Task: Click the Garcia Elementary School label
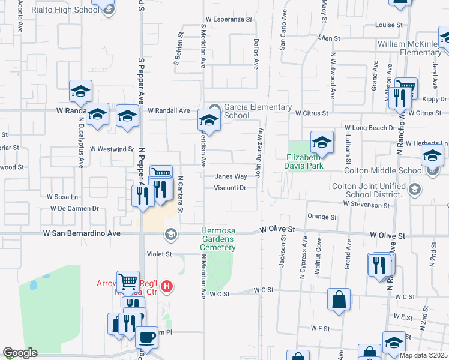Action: coord(244,111)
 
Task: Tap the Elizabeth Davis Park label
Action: coord(304,161)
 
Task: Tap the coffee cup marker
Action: coord(146,338)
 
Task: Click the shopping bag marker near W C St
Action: coord(339,300)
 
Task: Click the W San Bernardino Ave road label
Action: coord(81,233)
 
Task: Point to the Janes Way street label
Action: coord(232,176)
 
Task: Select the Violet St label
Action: coord(160,254)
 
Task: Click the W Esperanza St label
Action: coord(229,19)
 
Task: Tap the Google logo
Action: coord(20,353)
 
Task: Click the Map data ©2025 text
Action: coord(423,355)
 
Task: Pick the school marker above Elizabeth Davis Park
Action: coord(322,142)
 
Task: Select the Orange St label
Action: coord(323,217)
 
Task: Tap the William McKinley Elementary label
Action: coord(412,49)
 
